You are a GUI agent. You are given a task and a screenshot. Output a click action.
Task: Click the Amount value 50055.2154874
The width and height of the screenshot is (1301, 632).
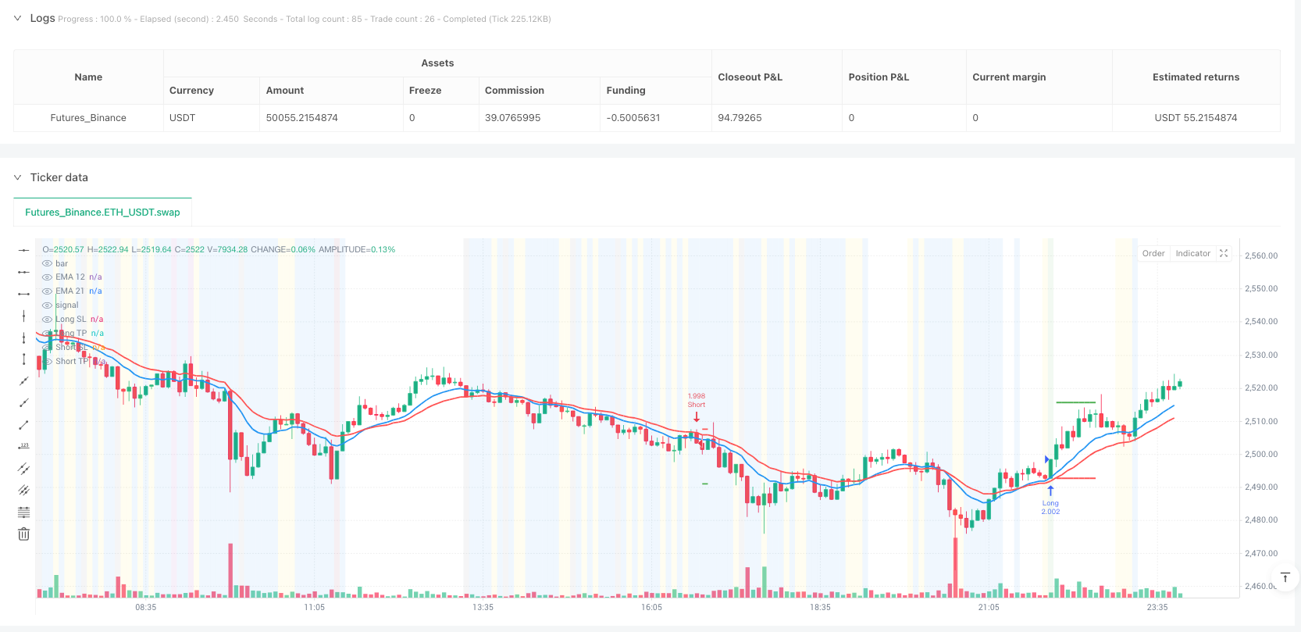point(301,118)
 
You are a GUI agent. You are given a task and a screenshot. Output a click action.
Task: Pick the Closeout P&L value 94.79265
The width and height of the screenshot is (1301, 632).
point(740,118)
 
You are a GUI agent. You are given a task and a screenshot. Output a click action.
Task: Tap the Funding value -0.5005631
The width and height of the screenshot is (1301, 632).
point(633,118)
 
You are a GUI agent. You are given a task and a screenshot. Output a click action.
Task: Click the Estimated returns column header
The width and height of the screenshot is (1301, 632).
point(1196,77)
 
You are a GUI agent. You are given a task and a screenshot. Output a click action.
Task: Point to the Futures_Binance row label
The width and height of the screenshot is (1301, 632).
point(88,118)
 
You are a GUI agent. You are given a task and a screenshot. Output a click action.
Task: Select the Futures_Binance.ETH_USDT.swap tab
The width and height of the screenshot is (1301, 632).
point(102,212)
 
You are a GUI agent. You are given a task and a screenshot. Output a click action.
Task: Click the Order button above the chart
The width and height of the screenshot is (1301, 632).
point(1153,254)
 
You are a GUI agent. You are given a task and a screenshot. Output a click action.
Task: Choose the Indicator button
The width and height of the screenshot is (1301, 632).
point(1192,254)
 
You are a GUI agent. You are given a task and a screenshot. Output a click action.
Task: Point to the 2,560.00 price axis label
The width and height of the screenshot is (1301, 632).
point(1260,255)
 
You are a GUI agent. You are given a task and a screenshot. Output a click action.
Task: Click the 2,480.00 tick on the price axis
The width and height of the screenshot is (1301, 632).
point(1260,520)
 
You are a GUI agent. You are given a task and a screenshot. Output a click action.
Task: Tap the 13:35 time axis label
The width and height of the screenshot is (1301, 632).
point(483,607)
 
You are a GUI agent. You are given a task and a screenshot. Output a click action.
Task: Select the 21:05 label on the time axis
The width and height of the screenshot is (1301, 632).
point(989,607)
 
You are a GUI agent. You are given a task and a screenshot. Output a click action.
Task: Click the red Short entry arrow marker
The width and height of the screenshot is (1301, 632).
point(697,417)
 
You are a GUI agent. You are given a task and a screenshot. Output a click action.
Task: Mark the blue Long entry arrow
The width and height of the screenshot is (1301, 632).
point(1050,491)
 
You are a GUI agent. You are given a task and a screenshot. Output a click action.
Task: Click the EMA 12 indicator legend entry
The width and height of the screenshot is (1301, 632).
point(70,277)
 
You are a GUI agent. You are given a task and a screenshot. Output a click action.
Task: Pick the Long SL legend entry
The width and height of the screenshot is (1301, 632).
point(70,320)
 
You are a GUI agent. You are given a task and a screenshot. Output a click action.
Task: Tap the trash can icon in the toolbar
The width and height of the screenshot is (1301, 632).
point(24,534)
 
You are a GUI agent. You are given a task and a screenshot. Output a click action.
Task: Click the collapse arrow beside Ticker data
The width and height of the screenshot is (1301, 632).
point(17,177)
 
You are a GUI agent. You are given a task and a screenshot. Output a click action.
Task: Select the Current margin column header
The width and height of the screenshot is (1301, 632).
point(1009,77)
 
